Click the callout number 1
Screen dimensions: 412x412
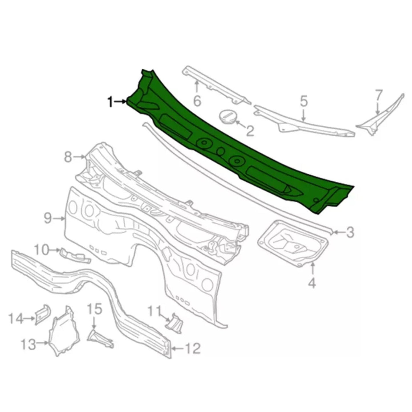coord(111,102)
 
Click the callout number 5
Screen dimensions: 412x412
coord(304,101)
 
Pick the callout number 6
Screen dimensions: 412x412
coord(197,101)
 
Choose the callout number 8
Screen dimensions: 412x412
coord(68,157)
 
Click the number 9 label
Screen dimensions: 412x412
coord(48,218)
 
